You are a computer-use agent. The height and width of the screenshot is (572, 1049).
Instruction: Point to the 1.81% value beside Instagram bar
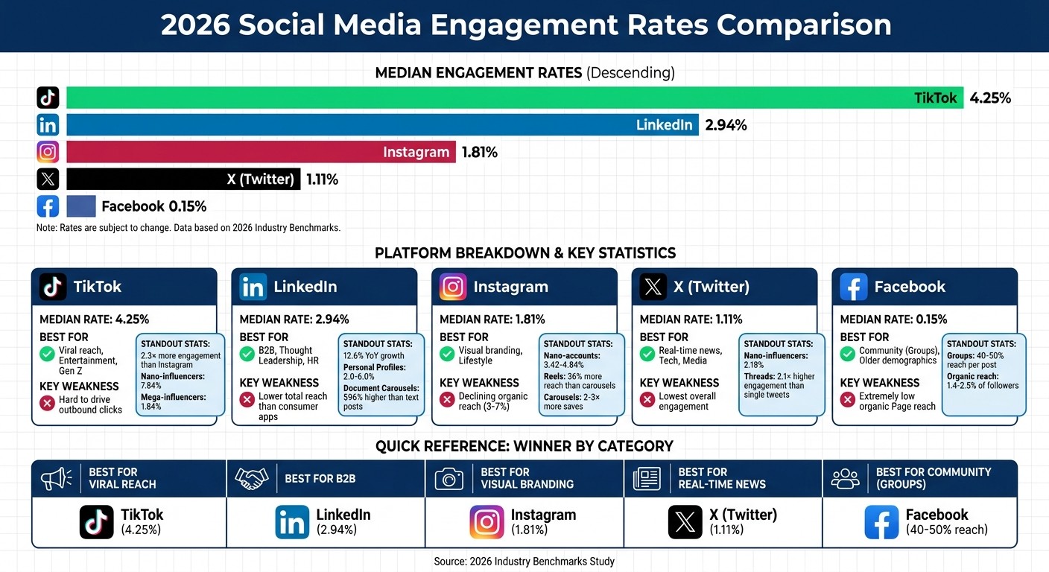[x=479, y=152]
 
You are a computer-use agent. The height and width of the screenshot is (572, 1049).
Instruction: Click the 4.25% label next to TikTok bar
[x=990, y=98]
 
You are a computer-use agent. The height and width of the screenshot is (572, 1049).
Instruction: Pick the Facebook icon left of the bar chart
[x=48, y=206]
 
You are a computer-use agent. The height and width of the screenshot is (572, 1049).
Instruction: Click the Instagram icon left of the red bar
[x=48, y=152]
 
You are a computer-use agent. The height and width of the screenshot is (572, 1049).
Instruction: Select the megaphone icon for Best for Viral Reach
[x=57, y=478]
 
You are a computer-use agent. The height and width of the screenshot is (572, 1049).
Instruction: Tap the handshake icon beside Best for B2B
[x=251, y=478]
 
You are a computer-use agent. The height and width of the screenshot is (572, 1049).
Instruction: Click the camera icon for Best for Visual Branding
[x=449, y=478]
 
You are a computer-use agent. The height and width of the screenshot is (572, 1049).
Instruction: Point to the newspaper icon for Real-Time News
[x=647, y=478]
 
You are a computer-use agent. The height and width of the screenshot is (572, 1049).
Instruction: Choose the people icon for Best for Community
[x=845, y=478]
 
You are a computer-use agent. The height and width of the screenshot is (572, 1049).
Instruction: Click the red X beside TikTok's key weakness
[x=48, y=404]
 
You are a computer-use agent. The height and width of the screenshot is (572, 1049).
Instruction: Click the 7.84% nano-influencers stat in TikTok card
[x=151, y=386]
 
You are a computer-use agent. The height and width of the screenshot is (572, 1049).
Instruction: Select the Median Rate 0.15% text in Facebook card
[x=893, y=320]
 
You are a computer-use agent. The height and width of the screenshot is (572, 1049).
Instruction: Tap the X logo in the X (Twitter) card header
[x=653, y=287]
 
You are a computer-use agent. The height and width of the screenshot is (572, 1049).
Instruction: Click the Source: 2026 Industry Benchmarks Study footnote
[x=524, y=561]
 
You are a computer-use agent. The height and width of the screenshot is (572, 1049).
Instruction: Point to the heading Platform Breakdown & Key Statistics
[x=525, y=252]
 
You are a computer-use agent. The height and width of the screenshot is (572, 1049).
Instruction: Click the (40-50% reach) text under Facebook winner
[x=946, y=530]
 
